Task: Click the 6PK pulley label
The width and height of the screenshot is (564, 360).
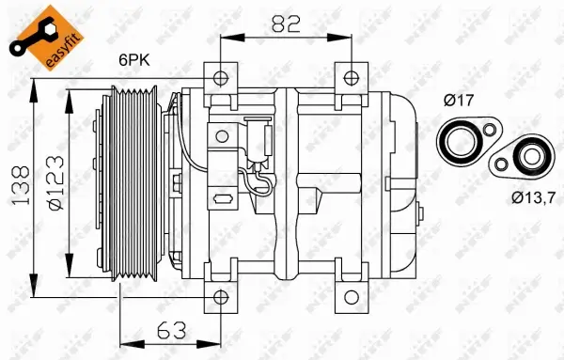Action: (133, 61)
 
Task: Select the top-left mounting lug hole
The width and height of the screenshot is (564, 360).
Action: (219, 78)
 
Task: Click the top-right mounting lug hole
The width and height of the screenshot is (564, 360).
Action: (351, 78)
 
